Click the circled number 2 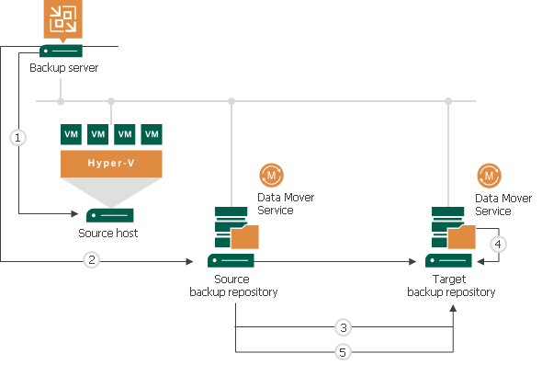(91, 261)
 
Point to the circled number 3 (343, 327)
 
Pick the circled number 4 (498, 245)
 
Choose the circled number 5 (343, 350)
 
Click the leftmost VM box (70, 134)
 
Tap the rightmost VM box (152, 134)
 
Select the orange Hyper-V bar (111, 164)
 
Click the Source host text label (108, 234)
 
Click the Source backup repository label (232, 285)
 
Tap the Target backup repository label (450, 285)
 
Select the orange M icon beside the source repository (272, 175)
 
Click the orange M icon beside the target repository (489, 175)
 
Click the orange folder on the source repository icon (245, 236)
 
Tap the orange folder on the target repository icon (462, 236)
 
